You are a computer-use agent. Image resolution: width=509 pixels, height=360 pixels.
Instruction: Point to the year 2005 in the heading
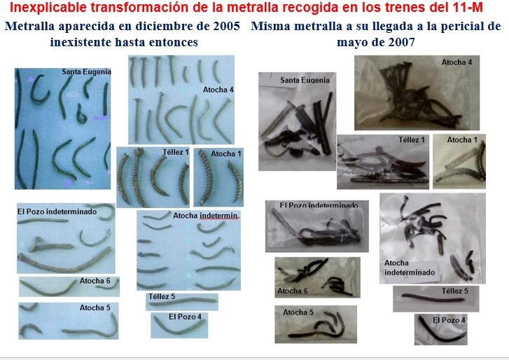(x=227, y=26)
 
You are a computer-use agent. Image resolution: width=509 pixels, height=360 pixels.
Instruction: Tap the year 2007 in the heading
(x=401, y=42)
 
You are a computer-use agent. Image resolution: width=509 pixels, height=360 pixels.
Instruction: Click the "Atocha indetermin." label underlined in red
(x=206, y=216)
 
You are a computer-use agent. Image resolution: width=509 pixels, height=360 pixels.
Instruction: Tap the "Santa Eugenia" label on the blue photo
(x=87, y=71)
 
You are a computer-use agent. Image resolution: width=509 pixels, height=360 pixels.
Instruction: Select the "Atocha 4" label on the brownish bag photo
(x=456, y=62)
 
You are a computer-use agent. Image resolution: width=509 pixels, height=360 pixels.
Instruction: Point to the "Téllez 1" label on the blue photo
(x=176, y=152)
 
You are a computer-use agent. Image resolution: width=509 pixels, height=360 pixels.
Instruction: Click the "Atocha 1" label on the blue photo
(x=226, y=153)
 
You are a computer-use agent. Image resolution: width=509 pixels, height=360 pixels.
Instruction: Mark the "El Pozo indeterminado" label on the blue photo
(x=57, y=212)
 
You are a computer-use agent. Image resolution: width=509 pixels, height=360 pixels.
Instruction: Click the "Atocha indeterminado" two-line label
(x=410, y=268)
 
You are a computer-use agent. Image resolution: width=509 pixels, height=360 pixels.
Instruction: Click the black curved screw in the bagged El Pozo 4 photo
(x=442, y=331)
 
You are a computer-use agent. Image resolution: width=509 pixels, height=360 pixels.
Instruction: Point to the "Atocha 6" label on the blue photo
(x=95, y=281)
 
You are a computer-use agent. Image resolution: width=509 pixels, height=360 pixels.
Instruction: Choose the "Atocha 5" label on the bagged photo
(x=298, y=312)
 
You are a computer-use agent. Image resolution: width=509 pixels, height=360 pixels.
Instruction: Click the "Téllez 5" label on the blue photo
(x=162, y=296)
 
